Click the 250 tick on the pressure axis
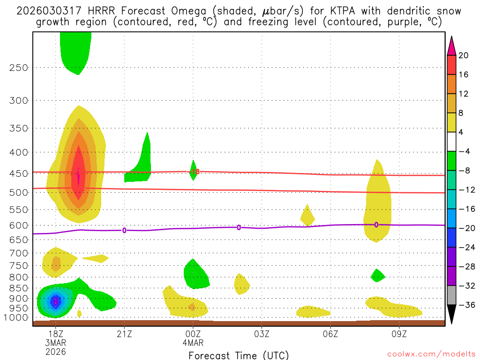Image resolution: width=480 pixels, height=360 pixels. click(x=19, y=67)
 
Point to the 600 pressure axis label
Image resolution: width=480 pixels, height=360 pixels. click(x=19, y=225)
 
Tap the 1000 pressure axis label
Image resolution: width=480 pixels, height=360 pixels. click(x=17, y=318)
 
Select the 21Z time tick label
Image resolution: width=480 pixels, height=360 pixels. click(x=124, y=334)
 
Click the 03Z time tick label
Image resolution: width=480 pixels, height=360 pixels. click(x=262, y=334)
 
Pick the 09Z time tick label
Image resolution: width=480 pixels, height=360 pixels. click(x=399, y=334)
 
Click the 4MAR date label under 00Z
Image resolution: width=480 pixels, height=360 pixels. click(x=193, y=343)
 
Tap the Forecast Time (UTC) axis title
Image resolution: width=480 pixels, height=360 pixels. click(x=239, y=355)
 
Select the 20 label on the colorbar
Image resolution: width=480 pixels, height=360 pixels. click(x=464, y=55)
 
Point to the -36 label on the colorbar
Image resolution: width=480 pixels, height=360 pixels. click(x=466, y=305)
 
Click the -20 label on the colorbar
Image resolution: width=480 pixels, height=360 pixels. click(x=466, y=228)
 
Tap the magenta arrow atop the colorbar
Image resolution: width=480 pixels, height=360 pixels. click(x=452, y=45)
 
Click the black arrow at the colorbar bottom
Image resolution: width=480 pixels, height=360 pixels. click(x=452, y=315)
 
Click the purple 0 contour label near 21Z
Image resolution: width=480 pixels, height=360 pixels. click(x=124, y=230)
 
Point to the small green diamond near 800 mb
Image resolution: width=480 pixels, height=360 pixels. click(x=377, y=275)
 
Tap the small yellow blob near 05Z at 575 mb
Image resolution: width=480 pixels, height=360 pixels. click(x=307, y=216)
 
